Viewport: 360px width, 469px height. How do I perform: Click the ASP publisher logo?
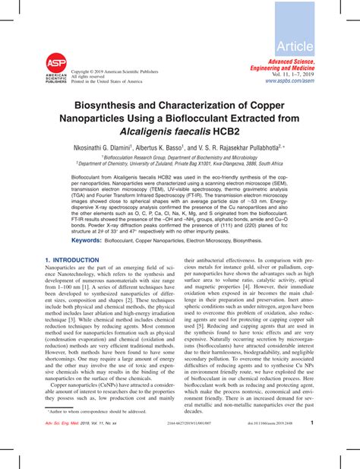[55, 69]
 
